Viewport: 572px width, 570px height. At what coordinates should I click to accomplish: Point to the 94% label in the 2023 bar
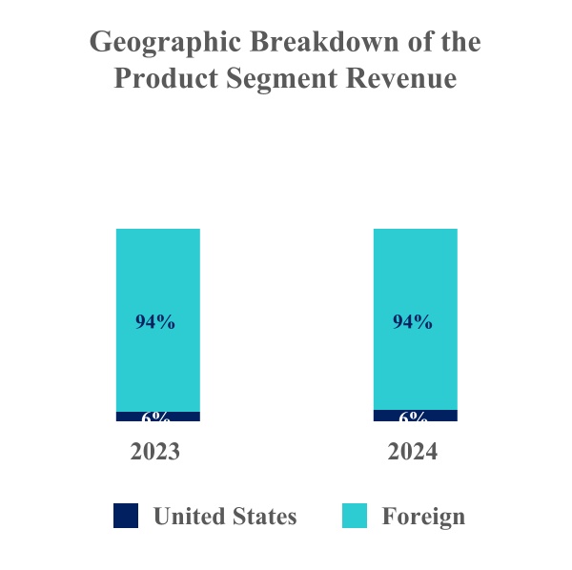point(155,322)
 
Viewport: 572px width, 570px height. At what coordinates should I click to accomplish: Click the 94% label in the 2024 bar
point(413,322)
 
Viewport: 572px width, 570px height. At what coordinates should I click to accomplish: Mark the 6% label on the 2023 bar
point(156,417)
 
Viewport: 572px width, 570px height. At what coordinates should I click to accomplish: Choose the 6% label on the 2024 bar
point(413,417)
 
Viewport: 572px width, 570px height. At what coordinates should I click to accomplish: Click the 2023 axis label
point(155,452)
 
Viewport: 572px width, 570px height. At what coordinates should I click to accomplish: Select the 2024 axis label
point(413,452)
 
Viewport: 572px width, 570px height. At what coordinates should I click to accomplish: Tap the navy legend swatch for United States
point(126,516)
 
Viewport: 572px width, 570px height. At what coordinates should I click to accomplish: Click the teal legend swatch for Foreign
point(355,516)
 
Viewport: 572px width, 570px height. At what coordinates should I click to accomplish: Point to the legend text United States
point(225,517)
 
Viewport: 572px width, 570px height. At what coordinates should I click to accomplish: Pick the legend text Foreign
point(423,517)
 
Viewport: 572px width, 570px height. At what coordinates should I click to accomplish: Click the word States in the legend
point(264,517)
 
